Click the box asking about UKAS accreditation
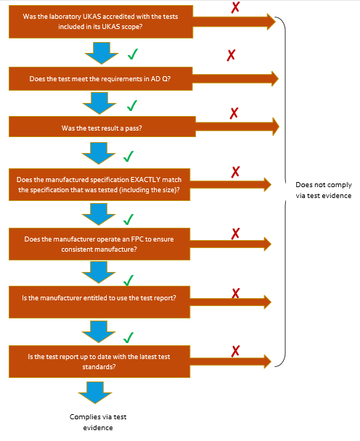coord(101,22)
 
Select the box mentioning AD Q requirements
coord(100,79)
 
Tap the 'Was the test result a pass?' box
coord(102,127)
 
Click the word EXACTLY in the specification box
coord(146,180)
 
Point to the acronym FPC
coord(137,239)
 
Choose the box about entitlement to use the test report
coord(99,302)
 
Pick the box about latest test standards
coord(99,362)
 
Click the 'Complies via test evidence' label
coord(98,422)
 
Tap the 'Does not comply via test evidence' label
coord(324,190)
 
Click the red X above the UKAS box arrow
coord(235,7)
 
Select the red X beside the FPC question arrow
coord(235,234)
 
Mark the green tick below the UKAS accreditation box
coord(133,54)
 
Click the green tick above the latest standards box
coord(128,337)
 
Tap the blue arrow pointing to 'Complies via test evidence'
coord(95,392)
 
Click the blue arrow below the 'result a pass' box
coord(99,153)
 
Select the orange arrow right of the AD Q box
coord(235,79)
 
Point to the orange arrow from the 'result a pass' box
coord(237,127)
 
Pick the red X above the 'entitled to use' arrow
coord(236,293)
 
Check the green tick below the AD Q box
coord(132,105)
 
